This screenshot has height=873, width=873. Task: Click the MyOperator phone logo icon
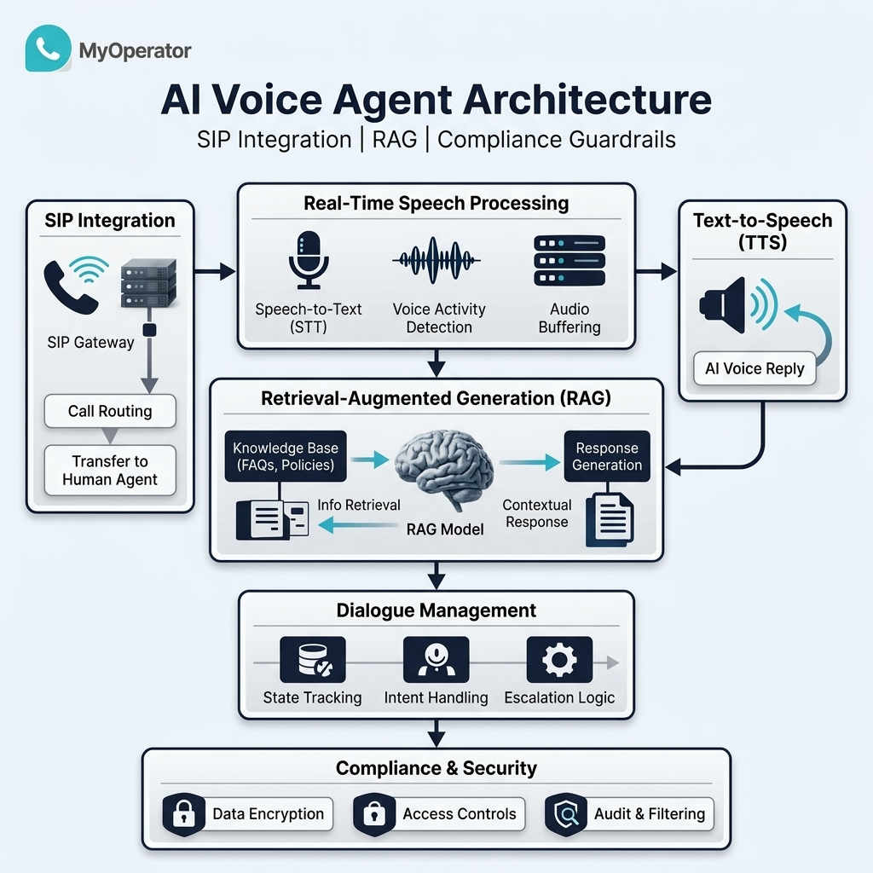tap(49, 48)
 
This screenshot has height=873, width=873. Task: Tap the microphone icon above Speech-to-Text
tap(309, 260)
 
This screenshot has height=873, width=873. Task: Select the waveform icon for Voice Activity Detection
tap(436, 260)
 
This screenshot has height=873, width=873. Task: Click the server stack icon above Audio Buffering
tap(569, 261)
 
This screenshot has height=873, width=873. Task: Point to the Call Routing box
tap(110, 411)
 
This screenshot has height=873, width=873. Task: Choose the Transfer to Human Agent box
tap(110, 470)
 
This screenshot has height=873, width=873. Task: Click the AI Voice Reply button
tap(754, 368)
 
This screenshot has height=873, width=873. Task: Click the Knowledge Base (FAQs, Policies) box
tap(286, 456)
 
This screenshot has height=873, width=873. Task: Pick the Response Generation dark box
tap(607, 456)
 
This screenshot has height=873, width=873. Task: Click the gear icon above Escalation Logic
tap(559, 660)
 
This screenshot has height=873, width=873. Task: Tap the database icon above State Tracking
tap(313, 660)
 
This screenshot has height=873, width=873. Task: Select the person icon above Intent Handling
tap(436, 660)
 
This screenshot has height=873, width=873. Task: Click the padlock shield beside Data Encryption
tap(184, 814)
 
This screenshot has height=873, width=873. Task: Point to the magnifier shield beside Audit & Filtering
tap(566, 814)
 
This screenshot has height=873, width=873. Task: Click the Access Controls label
tap(460, 814)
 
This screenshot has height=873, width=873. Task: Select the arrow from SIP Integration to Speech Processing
tap(215, 272)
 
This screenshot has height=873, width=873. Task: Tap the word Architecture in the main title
tap(587, 101)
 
